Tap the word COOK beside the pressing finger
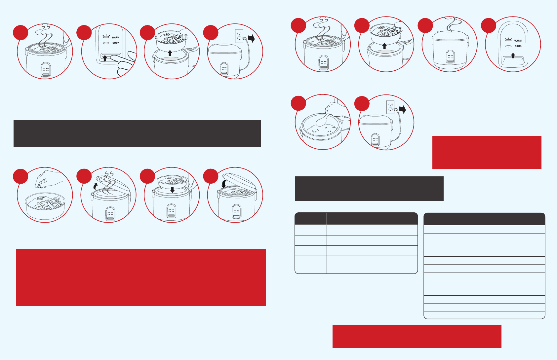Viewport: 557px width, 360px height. (116, 43)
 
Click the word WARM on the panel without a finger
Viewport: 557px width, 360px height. (518, 41)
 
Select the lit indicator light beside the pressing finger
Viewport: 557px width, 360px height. (106, 37)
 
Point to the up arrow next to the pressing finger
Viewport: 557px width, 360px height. (105, 58)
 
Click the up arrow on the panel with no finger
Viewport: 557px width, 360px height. (513, 55)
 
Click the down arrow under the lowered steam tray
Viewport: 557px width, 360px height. (172, 190)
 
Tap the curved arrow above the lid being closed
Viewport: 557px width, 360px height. (224, 184)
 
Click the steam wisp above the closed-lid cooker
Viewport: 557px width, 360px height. (453, 24)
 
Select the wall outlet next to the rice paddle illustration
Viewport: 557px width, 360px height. (390, 107)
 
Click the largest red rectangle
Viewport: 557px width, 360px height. (141, 277)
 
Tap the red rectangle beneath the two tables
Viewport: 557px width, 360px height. (417, 336)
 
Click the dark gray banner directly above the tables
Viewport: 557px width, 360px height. (369, 189)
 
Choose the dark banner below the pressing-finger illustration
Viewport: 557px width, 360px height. (137, 134)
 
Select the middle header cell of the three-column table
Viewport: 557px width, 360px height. (351, 218)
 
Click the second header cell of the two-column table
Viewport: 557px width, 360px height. (515, 219)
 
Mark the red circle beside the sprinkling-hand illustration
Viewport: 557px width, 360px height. (20, 176)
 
